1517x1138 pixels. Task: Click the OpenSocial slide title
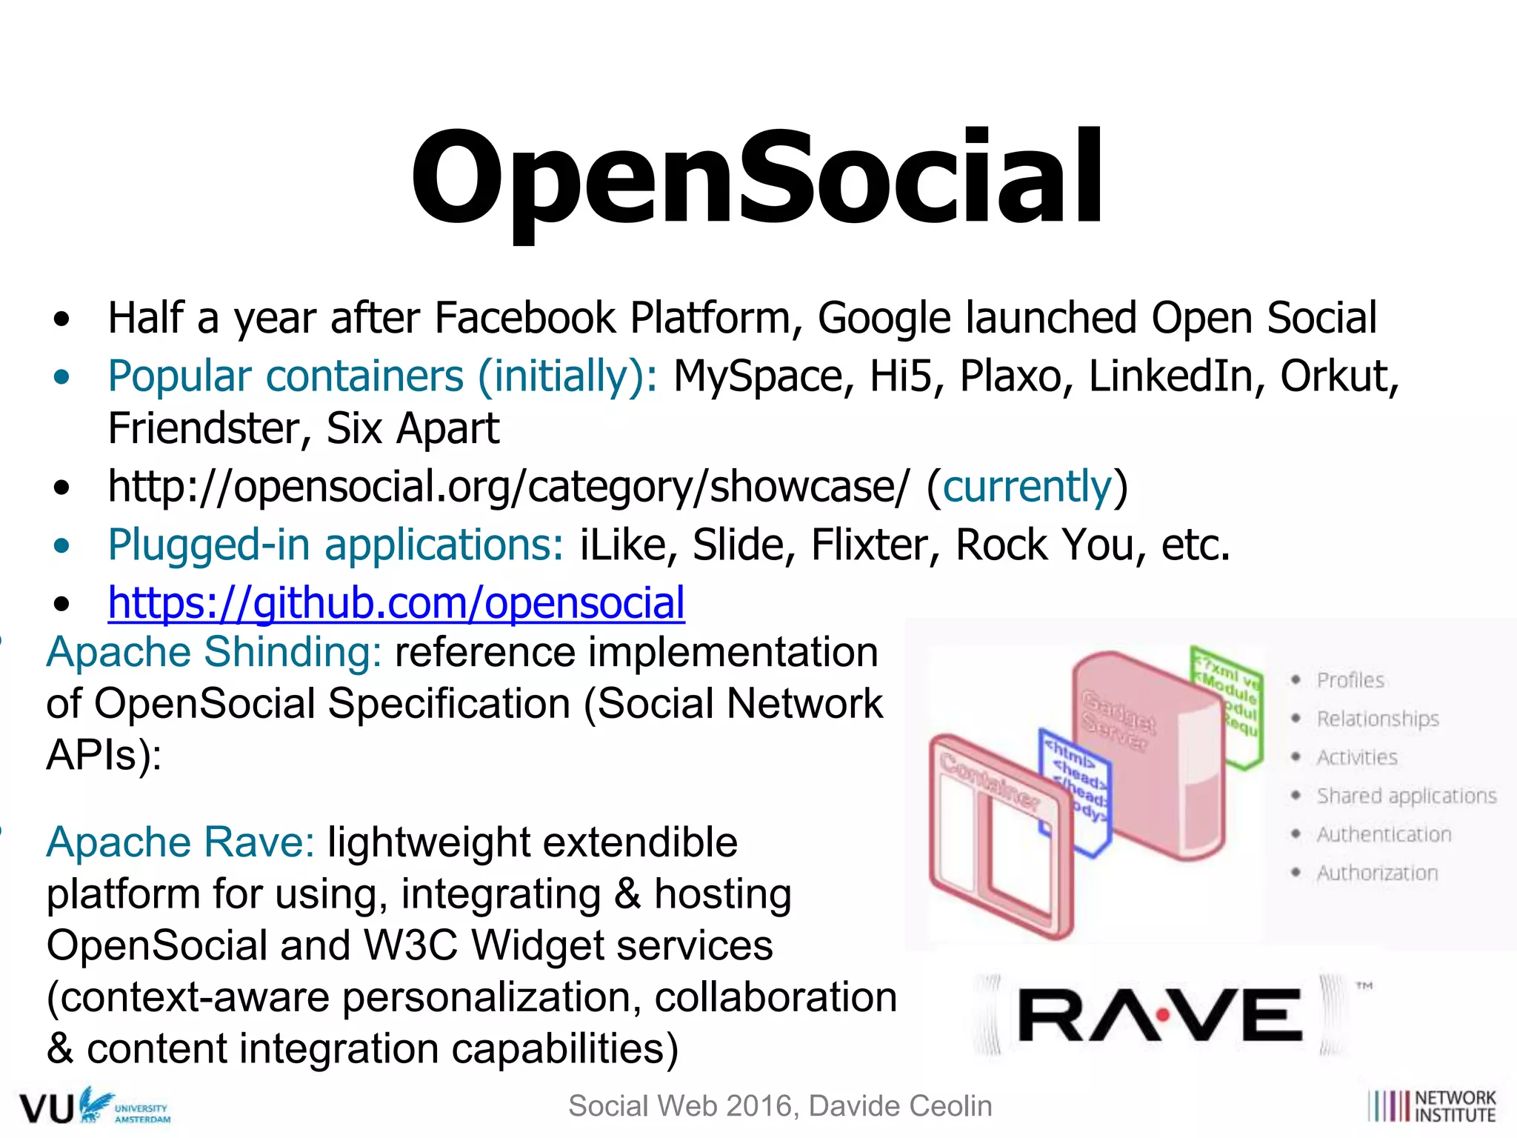(x=757, y=178)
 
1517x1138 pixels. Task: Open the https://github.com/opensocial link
(x=396, y=602)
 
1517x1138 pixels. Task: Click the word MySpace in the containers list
(x=758, y=376)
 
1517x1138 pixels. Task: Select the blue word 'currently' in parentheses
(x=1027, y=487)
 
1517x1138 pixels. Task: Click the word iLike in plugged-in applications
(x=620, y=545)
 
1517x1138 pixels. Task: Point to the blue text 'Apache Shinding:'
(x=213, y=652)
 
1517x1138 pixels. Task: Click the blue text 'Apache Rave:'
(x=181, y=842)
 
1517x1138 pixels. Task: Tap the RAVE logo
(x=1160, y=1015)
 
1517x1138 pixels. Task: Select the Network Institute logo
(x=1432, y=1106)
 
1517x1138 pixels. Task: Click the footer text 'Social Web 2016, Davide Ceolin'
(x=779, y=1106)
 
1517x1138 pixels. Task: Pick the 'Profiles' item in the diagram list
(x=1350, y=680)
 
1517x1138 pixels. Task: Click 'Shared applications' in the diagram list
(x=1406, y=796)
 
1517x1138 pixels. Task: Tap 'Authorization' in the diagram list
(x=1377, y=873)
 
